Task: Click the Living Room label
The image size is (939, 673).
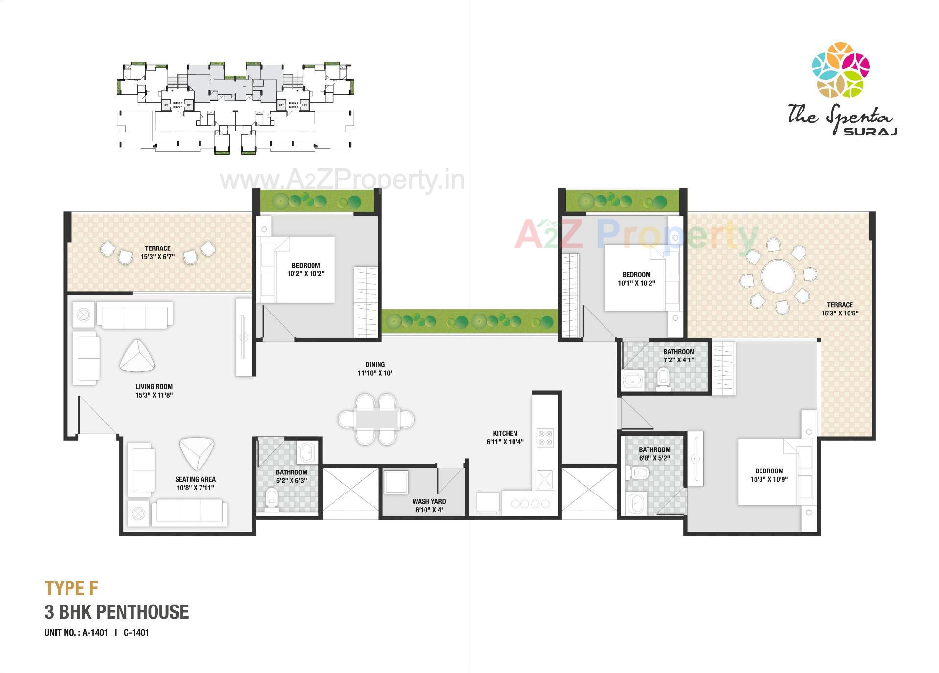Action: pyautogui.click(x=154, y=387)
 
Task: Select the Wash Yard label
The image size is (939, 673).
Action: pyautogui.click(x=428, y=501)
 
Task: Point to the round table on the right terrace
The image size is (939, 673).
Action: pyautogui.click(x=778, y=276)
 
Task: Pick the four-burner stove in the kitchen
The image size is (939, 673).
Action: pyautogui.click(x=545, y=438)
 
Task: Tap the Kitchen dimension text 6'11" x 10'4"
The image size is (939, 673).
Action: pyautogui.click(x=505, y=442)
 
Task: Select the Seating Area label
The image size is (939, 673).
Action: pyautogui.click(x=195, y=479)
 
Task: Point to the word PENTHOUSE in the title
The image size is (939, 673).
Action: pyautogui.click(x=142, y=612)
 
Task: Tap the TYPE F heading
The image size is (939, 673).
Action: pyautogui.click(x=71, y=588)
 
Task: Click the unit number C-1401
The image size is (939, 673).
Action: pyautogui.click(x=136, y=632)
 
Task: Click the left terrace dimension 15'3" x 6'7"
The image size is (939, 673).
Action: pyautogui.click(x=157, y=256)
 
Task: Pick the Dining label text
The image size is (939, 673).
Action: pyautogui.click(x=375, y=364)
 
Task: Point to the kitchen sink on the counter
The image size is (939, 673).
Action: pyautogui.click(x=544, y=479)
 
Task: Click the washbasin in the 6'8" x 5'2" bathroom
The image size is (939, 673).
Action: pyautogui.click(x=636, y=503)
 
